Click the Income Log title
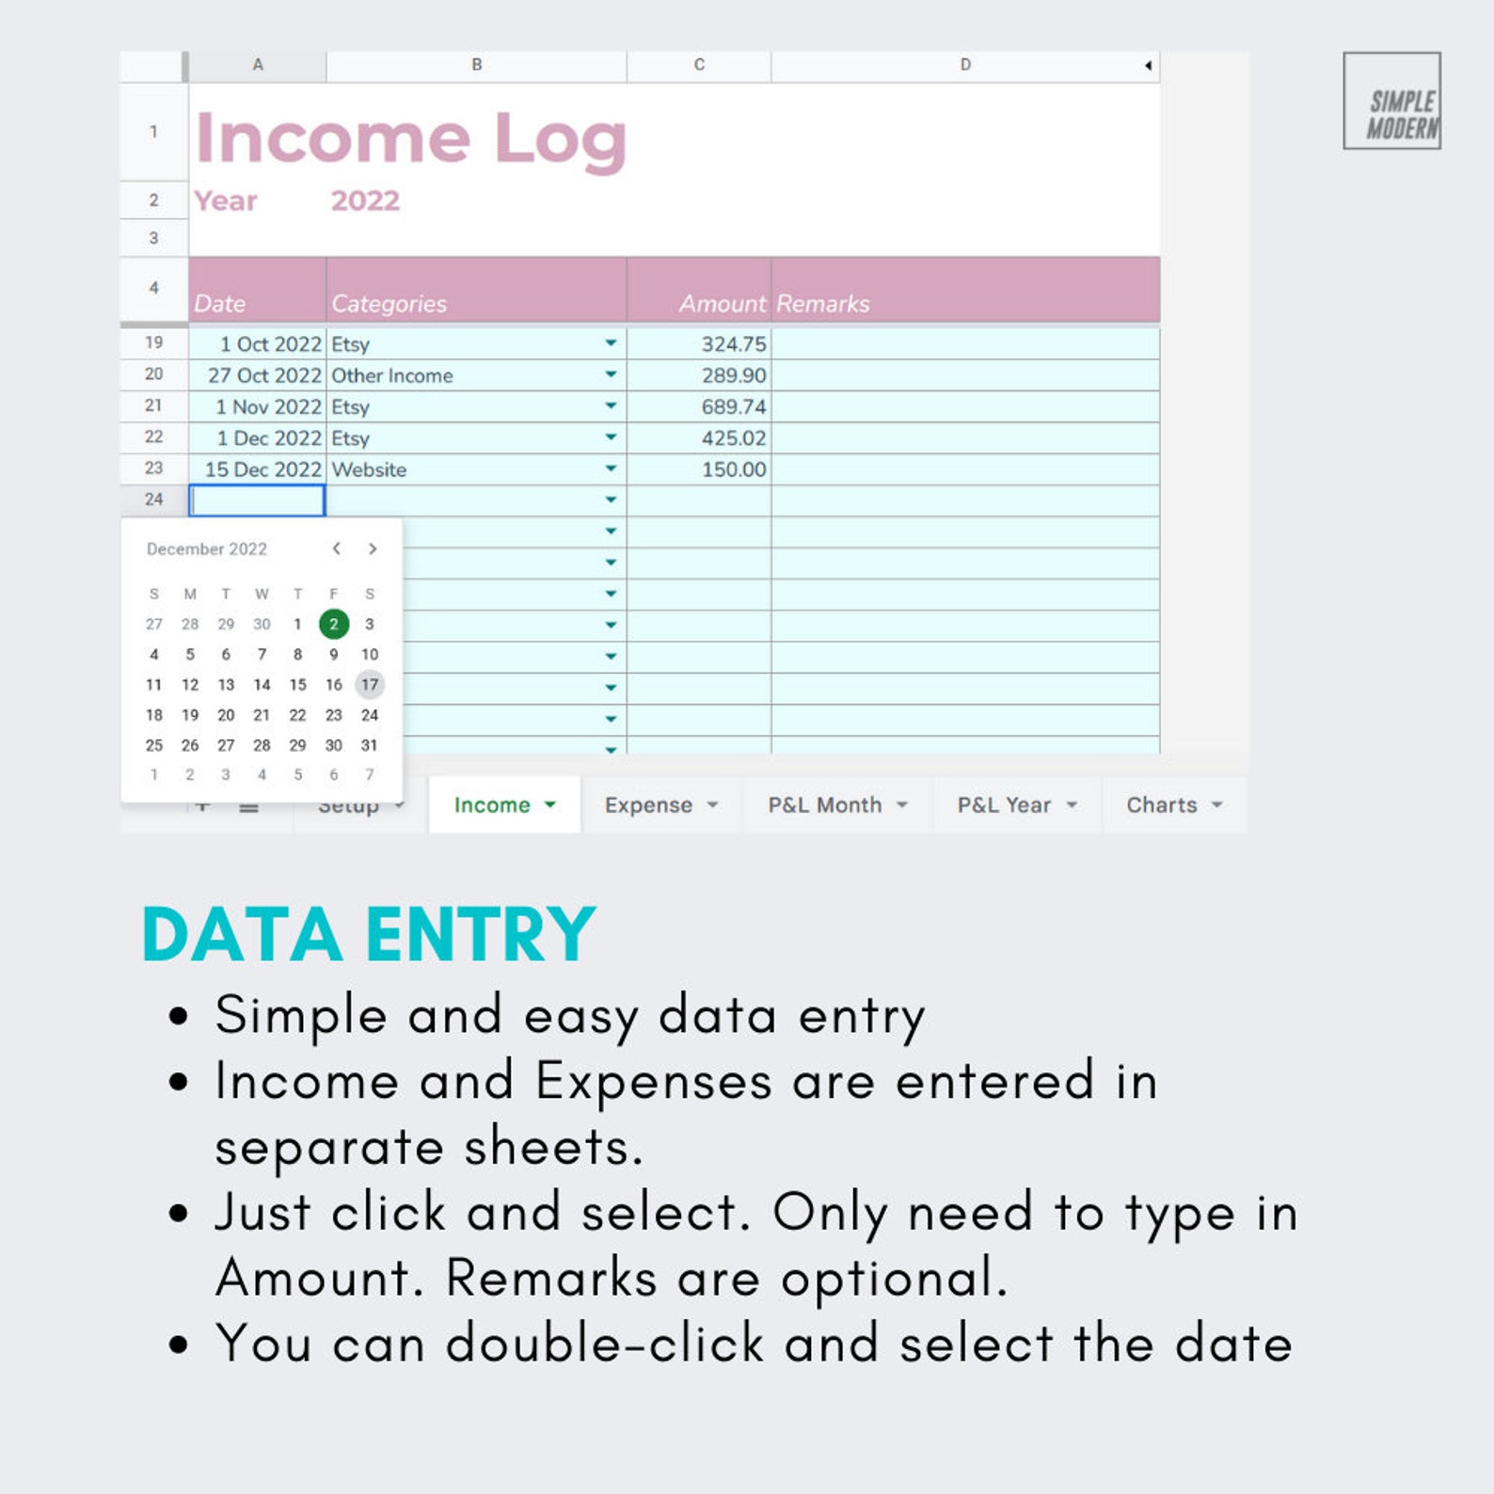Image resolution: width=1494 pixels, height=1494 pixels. (x=410, y=139)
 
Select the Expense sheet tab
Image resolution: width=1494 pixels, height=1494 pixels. (x=649, y=805)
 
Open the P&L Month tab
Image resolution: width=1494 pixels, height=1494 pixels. (x=825, y=805)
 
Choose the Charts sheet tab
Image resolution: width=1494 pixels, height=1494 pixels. (x=1162, y=805)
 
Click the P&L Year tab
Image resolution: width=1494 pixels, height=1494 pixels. (x=1004, y=805)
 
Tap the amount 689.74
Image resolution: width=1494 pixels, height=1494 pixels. (x=733, y=407)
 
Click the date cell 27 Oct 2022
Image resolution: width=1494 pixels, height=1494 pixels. (x=264, y=375)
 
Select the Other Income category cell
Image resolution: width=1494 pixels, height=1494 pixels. (x=392, y=375)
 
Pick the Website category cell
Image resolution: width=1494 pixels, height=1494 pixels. (x=369, y=469)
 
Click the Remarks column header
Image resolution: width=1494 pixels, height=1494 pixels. (x=823, y=304)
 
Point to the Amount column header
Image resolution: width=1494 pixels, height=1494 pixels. (x=722, y=304)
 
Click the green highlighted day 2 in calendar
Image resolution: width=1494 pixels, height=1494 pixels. (x=334, y=624)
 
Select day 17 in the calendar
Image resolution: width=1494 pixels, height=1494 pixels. (x=370, y=685)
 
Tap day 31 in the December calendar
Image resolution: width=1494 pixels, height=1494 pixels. (x=370, y=745)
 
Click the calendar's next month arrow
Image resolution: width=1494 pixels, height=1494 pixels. (x=373, y=548)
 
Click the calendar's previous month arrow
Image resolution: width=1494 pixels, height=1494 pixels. (x=336, y=548)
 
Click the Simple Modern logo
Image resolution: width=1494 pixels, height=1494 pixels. (x=1392, y=101)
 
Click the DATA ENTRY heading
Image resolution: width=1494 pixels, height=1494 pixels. (x=369, y=934)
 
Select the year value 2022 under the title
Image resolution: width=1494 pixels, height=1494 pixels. (x=365, y=200)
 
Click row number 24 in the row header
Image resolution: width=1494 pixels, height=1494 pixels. (x=153, y=500)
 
